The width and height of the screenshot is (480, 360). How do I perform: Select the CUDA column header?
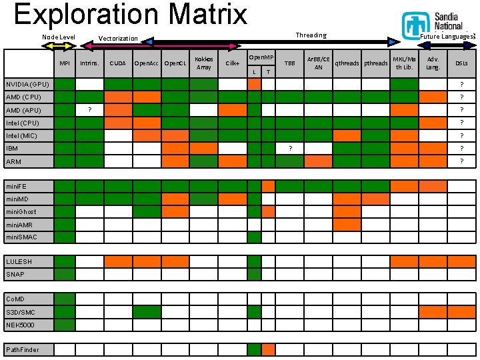click(118, 63)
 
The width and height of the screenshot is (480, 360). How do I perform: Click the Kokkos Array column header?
click(204, 63)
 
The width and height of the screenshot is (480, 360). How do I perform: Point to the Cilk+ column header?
click(233, 63)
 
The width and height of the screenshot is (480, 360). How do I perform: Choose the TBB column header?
click(290, 63)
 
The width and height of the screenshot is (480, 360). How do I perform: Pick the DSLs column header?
click(461, 63)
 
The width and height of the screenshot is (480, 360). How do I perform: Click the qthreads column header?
click(347, 63)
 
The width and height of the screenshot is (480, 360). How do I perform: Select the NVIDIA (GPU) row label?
click(27, 85)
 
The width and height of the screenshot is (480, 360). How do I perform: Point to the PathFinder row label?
click(23, 349)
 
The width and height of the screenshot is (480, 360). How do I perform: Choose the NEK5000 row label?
click(21, 325)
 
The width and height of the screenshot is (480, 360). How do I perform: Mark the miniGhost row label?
click(21, 211)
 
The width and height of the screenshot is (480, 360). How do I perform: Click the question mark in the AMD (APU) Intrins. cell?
click(89, 110)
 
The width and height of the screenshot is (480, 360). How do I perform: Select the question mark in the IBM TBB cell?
click(290, 148)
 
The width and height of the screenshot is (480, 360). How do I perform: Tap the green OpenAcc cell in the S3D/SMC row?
click(147, 312)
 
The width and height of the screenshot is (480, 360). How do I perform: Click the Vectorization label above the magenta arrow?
click(118, 39)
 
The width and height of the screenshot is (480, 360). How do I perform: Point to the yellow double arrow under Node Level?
click(59, 47)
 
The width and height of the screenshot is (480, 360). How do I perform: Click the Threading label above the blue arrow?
click(311, 35)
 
